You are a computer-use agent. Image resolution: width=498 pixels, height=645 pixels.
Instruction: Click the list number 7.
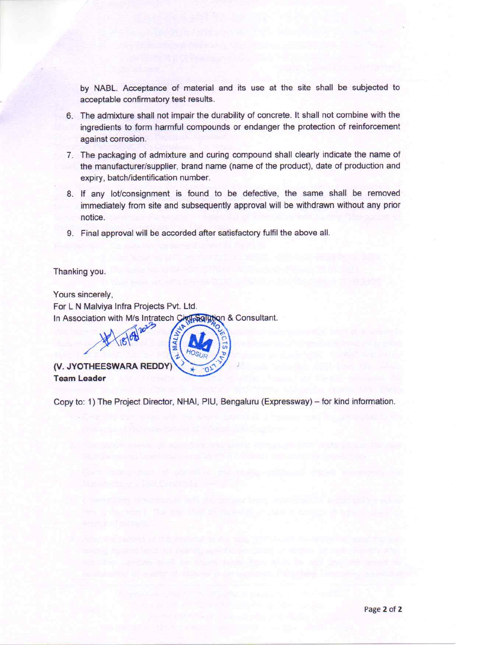pyautogui.click(x=70, y=155)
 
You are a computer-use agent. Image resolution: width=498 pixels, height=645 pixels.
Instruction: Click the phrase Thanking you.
pyautogui.click(x=79, y=272)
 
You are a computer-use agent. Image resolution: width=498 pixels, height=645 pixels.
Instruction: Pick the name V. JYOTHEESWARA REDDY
pyautogui.click(x=112, y=367)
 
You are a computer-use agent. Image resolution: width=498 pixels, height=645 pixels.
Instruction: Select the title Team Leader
pyautogui.click(x=79, y=378)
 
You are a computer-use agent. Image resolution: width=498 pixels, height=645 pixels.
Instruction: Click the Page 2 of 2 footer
pyautogui.click(x=383, y=609)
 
